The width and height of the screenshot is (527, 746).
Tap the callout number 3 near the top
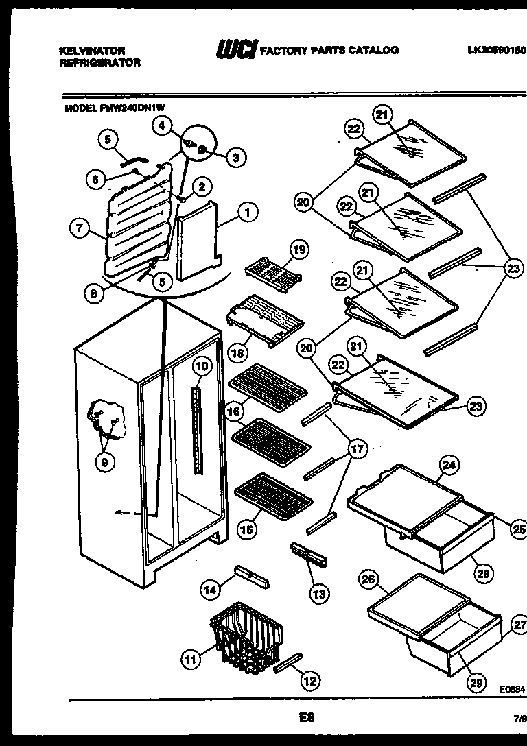coord(235,158)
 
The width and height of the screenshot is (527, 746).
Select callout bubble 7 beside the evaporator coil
coord(81,230)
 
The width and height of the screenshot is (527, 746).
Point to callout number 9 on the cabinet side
coord(104,462)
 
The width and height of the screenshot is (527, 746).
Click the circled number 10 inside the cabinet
coord(200,366)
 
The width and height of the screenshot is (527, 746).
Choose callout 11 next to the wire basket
coord(190,660)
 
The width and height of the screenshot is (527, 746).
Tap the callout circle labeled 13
coord(318,594)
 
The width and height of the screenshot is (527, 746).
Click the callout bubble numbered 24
coord(448,466)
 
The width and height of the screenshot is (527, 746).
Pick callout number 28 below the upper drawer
coord(483,573)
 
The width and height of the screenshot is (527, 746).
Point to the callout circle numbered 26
coord(368,579)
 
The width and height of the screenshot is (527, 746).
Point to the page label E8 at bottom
coord(306,719)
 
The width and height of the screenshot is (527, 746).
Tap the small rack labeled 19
coord(273,272)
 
